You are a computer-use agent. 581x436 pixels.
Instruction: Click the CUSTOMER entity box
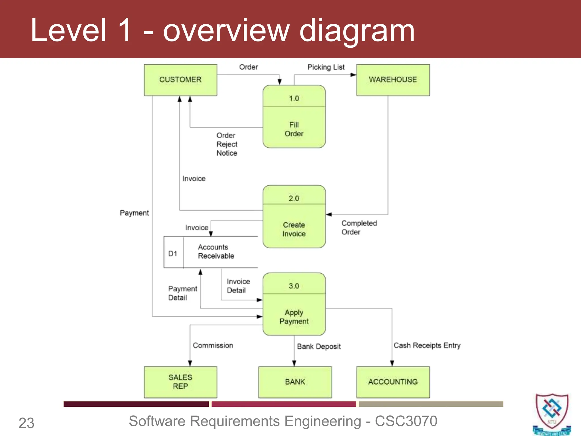pyautogui.click(x=180, y=80)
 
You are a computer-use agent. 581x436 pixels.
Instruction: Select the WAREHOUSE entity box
pyautogui.click(x=393, y=80)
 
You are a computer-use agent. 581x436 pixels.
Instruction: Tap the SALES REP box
pyautogui.click(x=180, y=382)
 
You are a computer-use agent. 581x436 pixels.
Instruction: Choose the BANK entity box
pyautogui.click(x=295, y=382)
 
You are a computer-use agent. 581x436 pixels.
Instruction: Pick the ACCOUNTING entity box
pyautogui.click(x=393, y=382)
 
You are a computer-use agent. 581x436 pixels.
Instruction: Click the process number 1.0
pyautogui.click(x=294, y=98)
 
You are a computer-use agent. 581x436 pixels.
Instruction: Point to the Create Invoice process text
pyautogui.click(x=294, y=229)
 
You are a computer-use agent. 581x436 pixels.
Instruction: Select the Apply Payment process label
pyautogui.click(x=294, y=317)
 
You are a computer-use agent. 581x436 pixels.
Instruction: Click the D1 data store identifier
pyautogui.click(x=173, y=253)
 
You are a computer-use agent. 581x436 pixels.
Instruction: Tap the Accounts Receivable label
pyautogui.click(x=216, y=251)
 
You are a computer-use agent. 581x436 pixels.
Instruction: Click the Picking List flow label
pyautogui.click(x=326, y=67)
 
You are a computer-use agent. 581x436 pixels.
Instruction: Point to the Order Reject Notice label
pyautogui.click(x=227, y=144)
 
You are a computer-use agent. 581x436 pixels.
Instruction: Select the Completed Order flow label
pyautogui.click(x=359, y=228)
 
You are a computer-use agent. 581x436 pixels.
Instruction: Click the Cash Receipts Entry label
pyautogui.click(x=427, y=345)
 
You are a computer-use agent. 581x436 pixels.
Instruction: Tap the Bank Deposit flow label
pyautogui.click(x=319, y=346)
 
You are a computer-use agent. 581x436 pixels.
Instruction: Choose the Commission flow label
pyautogui.click(x=213, y=345)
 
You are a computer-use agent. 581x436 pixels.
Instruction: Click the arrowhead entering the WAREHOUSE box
pyautogui.click(x=353, y=75)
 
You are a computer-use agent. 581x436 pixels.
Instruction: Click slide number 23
pyautogui.click(x=26, y=423)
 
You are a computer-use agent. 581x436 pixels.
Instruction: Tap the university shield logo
pyautogui.click(x=552, y=413)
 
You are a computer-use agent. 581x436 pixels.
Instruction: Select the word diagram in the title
pyautogui.click(x=357, y=31)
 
